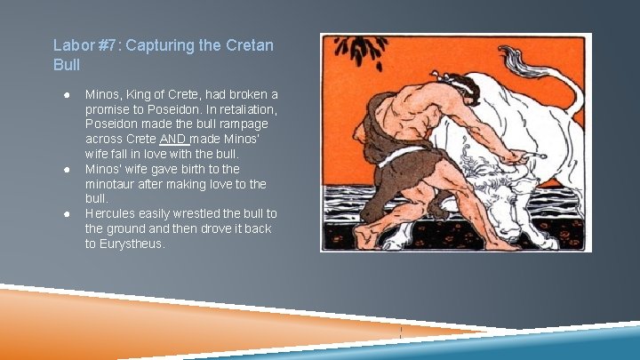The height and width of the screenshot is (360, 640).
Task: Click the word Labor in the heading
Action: [x=72, y=44]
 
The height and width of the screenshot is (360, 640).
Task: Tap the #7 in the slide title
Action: [x=107, y=44]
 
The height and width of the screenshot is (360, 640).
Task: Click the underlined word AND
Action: [x=173, y=140]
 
